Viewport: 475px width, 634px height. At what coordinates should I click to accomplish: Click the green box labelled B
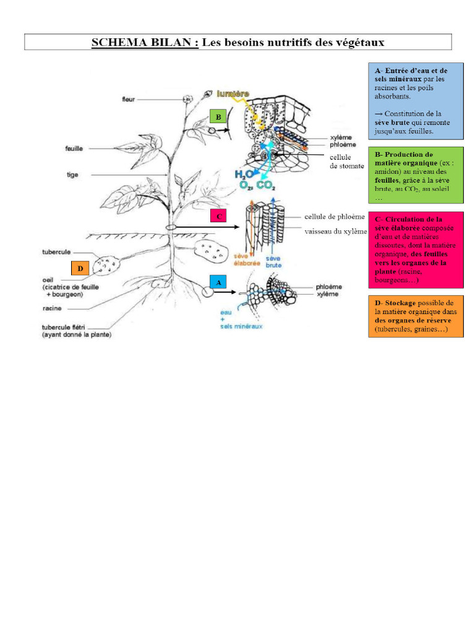click(x=218, y=116)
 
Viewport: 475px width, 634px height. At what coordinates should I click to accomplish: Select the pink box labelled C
click(x=218, y=216)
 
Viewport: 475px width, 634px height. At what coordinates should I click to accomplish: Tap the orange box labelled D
click(x=80, y=268)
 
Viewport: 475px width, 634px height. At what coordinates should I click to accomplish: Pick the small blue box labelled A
click(x=217, y=282)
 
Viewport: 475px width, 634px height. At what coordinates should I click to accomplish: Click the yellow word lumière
click(x=233, y=93)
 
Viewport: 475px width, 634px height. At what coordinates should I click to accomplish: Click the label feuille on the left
click(x=74, y=149)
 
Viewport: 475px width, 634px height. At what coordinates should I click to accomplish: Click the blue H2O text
click(x=242, y=175)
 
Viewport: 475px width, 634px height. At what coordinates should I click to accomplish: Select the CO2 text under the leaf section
click(x=266, y=185)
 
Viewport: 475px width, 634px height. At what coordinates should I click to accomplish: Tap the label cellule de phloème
click(x=330, y=217)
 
